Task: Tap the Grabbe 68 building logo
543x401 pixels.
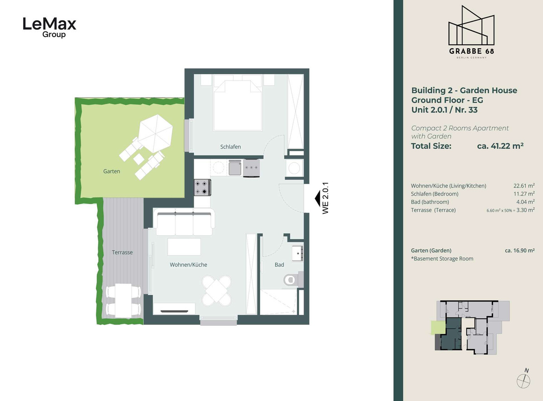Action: click(471, 32)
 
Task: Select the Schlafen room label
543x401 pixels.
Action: click(230, 147)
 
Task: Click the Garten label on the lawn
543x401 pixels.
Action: click(112, 171)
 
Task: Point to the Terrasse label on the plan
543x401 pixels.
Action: click(122, 252)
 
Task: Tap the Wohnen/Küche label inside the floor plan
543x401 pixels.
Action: click(188, 265)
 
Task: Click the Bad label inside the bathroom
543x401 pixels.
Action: click(279, 265)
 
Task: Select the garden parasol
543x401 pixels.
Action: click(155, 133)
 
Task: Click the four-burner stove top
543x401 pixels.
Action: click(202, 188)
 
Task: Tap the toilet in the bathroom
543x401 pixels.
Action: click(293, 279)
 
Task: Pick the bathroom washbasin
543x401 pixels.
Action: click(297, 254)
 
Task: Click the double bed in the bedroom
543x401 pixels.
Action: click(238, 103)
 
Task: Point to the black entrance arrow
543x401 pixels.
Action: click(318, 198)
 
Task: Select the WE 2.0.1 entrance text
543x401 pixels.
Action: click(325, 198)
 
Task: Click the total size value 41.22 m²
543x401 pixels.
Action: click(500, 146)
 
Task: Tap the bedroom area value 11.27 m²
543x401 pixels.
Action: click(524, 194)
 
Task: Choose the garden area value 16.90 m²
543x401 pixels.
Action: click(520, 250)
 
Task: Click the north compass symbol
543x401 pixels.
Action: click(524, 379)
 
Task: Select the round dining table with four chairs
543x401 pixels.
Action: click(217, 291)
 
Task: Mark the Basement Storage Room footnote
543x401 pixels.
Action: click(442, 259)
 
